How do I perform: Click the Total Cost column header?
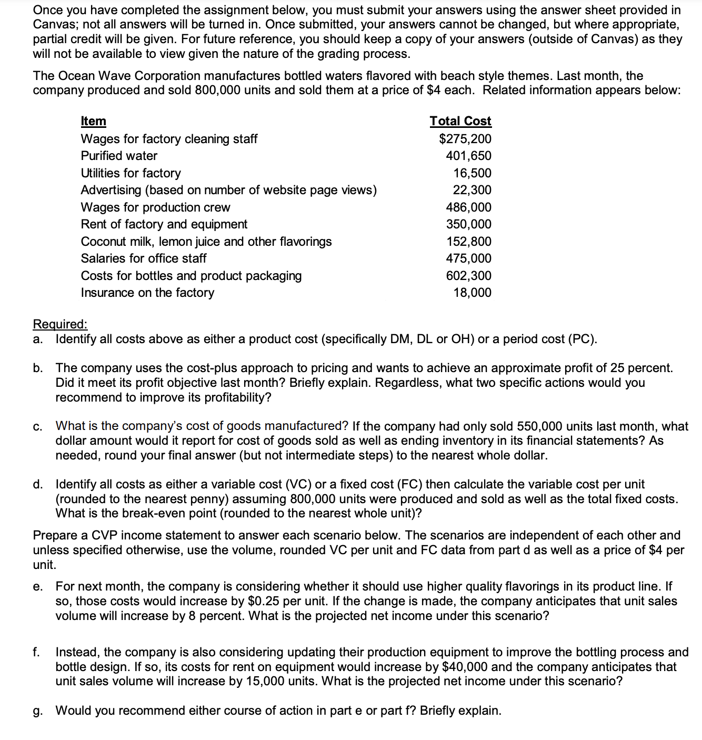(460, 121)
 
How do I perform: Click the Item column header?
(93, 121)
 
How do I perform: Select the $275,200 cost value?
(465, 139)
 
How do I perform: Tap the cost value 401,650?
(468, 156)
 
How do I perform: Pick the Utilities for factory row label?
(131, 173)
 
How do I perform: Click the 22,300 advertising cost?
(472, 190)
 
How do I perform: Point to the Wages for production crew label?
(155, 207)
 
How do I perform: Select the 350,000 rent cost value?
(468, 224)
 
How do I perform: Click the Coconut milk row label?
(206, 242)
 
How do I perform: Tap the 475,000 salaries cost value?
(468, 258)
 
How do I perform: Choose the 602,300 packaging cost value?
(468, 276)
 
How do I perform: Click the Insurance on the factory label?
(147, 293)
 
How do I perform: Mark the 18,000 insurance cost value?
(472, 293)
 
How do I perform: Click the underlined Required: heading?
(60, 324)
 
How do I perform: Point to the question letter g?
(37, 711)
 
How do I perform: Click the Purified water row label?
(119, 156)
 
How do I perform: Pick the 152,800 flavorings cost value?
(468, 242)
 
